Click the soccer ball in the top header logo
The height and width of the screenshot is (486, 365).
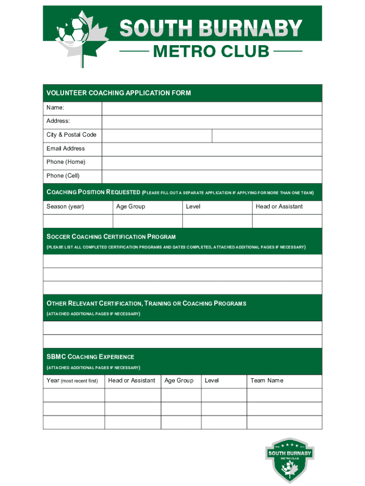(72, 30)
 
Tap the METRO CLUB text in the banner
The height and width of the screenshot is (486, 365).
(211, 51)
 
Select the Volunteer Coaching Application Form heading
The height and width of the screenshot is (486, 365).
(119, 93)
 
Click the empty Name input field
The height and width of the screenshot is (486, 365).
(211, 109)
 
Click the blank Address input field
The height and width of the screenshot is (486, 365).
(211, 122)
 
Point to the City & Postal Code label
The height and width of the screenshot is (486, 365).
(71, 135)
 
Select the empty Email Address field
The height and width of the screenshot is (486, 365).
(211, 149)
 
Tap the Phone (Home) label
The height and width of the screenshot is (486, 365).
(66, 162)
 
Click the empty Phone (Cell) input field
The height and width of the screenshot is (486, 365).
(211, 176)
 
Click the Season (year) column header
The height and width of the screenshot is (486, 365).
(65, 207)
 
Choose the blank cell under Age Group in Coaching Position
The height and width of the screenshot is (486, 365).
(147, 221)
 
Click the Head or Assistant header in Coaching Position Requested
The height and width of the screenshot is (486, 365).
(279, 207)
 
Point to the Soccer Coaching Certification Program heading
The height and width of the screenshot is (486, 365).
(111, 237)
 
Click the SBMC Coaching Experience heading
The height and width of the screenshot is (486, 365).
(90, 357)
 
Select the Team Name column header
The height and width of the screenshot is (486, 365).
(266, 381)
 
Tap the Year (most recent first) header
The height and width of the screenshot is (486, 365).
(72, 381)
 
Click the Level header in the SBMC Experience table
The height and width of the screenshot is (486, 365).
(212, 381)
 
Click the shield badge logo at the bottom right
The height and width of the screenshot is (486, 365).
(290, 459)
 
